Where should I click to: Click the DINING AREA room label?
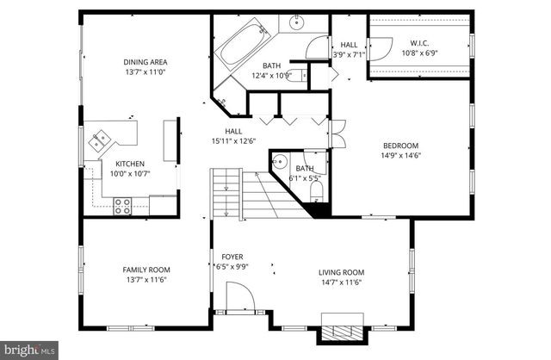point(145,61)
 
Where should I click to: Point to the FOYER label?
point(232,257)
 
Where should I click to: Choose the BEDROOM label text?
point(400,146)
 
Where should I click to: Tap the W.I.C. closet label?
point(419,44)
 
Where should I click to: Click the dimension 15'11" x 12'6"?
point(233,141)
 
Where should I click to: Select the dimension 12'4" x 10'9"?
point(272,76)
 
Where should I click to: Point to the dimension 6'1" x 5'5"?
point(305,177)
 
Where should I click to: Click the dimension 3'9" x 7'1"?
point(349,54)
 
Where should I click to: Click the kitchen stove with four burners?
point(122,205)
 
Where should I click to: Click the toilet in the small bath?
point(316,189)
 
